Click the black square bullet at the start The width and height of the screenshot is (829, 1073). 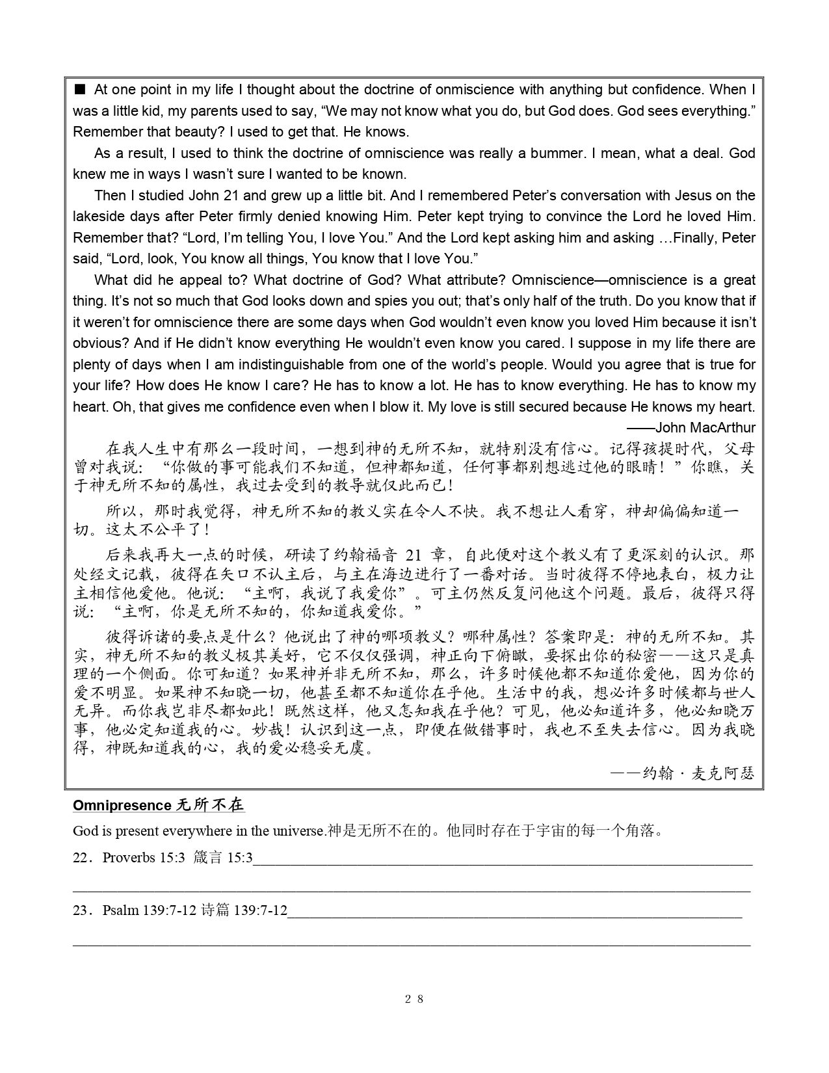point(80,89)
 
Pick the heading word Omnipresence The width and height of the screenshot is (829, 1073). point(122,805)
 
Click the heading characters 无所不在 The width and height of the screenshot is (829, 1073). point(210,805)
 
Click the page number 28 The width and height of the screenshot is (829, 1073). point(414,999)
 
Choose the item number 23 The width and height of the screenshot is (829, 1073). point(80,910)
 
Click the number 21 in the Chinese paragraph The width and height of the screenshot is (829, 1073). point(414,555)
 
